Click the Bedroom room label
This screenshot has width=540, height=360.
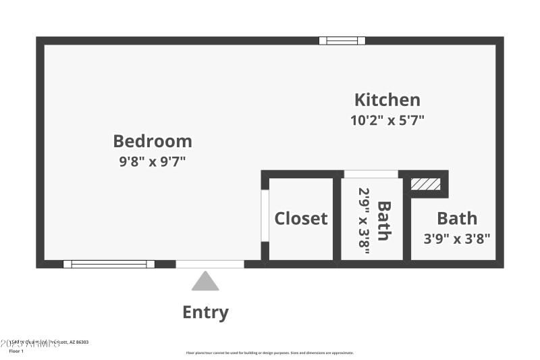[x=153, y=141]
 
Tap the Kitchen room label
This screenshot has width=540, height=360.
[x=387, y=100]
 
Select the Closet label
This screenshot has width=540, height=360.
[x=300, y=218]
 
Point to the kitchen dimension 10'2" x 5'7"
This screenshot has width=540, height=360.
[x=387, y=121]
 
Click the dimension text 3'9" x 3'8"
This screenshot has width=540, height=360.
[x=456, y=238]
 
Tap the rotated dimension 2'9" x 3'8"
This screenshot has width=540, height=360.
[x=365, y=221]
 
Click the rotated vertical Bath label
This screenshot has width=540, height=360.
[x=383, y=221]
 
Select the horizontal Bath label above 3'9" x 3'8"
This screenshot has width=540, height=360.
[x=457, y=218]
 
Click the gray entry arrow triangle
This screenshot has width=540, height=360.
[x=205, y=281]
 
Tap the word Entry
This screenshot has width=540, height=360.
[x=205, y=312]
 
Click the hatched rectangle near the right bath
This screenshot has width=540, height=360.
[x=426, y=184]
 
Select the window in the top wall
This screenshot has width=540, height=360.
[x=342, y=41]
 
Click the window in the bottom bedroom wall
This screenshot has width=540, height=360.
[x=109, y=264]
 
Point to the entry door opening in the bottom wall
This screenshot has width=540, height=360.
[x=210, y=264]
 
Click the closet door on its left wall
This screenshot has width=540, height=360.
[x=265, y=215]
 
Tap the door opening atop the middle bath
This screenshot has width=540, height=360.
[x=371, y=174]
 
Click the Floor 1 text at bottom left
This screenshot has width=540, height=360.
[x=16, y=351]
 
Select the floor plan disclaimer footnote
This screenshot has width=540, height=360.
[x=269, y=353]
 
